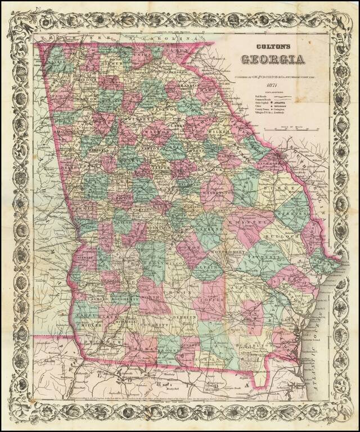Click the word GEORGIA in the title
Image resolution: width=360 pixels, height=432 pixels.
(274, 59)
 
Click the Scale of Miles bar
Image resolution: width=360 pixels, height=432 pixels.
(293, 130)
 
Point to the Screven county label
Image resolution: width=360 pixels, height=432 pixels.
(300, 215)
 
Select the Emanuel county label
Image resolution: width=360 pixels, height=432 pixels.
(246, 221)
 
